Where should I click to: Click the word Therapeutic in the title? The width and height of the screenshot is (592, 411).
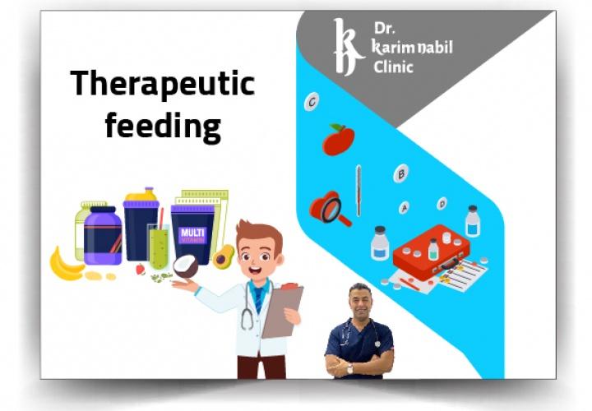click(162, 85)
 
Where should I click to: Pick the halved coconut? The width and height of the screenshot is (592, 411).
click(186, 266)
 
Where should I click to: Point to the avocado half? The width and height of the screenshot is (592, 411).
click(223, 256)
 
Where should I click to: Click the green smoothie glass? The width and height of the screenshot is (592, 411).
click(159, 247)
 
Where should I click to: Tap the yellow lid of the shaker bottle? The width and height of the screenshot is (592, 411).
click(141, 198)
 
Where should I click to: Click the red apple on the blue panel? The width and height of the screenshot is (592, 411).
click(338, 141)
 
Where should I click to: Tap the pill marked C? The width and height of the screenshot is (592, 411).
click(312, 103)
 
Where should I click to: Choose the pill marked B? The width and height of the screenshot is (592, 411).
click(401, 173)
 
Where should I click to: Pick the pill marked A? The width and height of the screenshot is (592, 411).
click(405, 208)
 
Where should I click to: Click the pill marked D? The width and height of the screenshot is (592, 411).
click(442, 203)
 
